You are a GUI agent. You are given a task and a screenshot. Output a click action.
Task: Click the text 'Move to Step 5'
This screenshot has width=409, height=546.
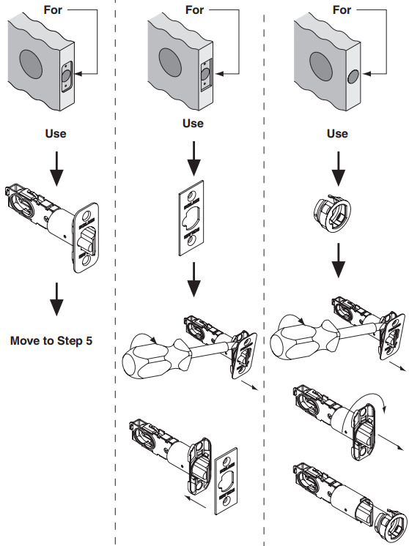pyautogui.click(x=51, y=340)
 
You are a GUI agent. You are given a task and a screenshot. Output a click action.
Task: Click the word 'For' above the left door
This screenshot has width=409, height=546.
pyautogui.click(x=53, y=10)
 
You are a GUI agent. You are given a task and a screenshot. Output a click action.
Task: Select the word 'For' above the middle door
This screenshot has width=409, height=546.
pyautogui.click(x=194, y=10)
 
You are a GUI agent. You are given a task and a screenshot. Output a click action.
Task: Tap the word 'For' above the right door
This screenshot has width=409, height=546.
pyautogui.click(x=342, y=10)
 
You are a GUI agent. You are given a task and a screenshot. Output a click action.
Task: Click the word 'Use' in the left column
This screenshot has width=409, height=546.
pyautogui.click(x=56, y=133)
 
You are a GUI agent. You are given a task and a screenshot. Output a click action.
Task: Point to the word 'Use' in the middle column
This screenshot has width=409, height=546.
pyautogui.click(x=193, y=123)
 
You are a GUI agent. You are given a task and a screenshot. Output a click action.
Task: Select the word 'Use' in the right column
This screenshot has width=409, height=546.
pyautogui.click(x=337, y=133)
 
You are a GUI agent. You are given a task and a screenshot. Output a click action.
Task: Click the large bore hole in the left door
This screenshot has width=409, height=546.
pyautogui.click(x=31, y=64)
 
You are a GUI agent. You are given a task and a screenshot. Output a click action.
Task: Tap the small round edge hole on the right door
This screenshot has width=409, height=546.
pyautogui.click(x=353, y=76)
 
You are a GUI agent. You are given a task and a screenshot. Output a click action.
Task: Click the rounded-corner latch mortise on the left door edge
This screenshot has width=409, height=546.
pyautogui.click(x=67, y=77)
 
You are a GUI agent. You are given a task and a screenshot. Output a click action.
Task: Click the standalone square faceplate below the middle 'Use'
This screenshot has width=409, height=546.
pyautogui.click(x=191, y=218)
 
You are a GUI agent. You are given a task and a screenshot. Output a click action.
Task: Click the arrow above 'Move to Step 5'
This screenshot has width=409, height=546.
pyautogui.click(x=56, y=299)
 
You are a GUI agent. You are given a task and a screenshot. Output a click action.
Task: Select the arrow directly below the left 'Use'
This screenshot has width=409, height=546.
pyautogui.click(x=56, y=168)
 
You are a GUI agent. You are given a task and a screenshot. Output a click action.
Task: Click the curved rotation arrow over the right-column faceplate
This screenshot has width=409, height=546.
pyautogui.click(x=369, y=400)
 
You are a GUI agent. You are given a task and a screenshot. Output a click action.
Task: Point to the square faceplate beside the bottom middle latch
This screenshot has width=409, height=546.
pyautogui.click(x=226, y=481)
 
